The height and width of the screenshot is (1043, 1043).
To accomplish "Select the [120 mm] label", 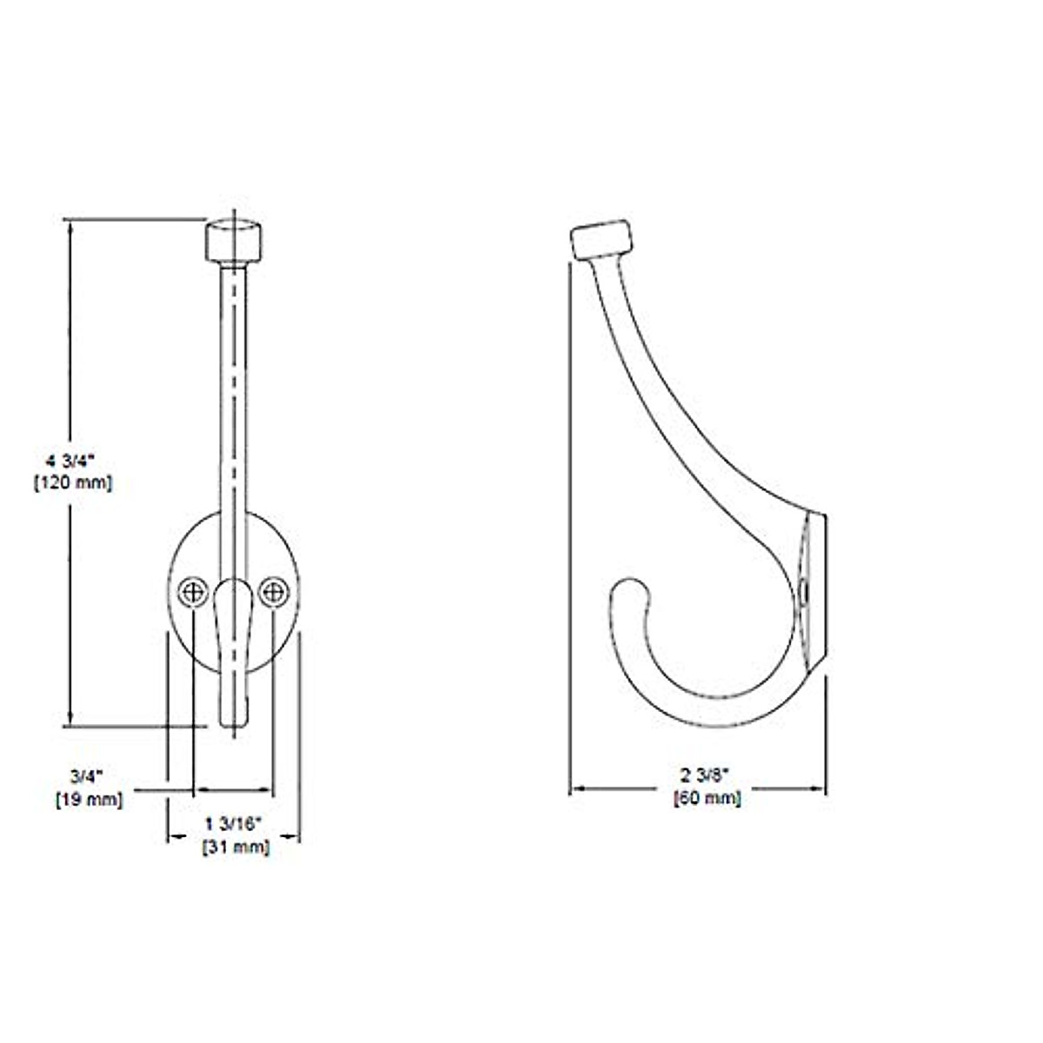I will [72, 483].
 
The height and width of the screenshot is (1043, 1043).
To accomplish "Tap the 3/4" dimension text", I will [87, 774].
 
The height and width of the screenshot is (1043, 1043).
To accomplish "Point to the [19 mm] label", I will [89, 799].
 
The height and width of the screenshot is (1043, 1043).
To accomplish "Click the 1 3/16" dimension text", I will [234, 822].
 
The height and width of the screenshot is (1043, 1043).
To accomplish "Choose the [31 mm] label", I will [236, 847].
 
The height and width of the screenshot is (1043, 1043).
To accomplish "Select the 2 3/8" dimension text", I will [706, 774].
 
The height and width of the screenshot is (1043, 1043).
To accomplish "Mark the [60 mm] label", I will [708, 797].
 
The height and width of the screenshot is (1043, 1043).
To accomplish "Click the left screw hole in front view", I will [192, 592].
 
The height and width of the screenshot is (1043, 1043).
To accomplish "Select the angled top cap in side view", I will [601, 236].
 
